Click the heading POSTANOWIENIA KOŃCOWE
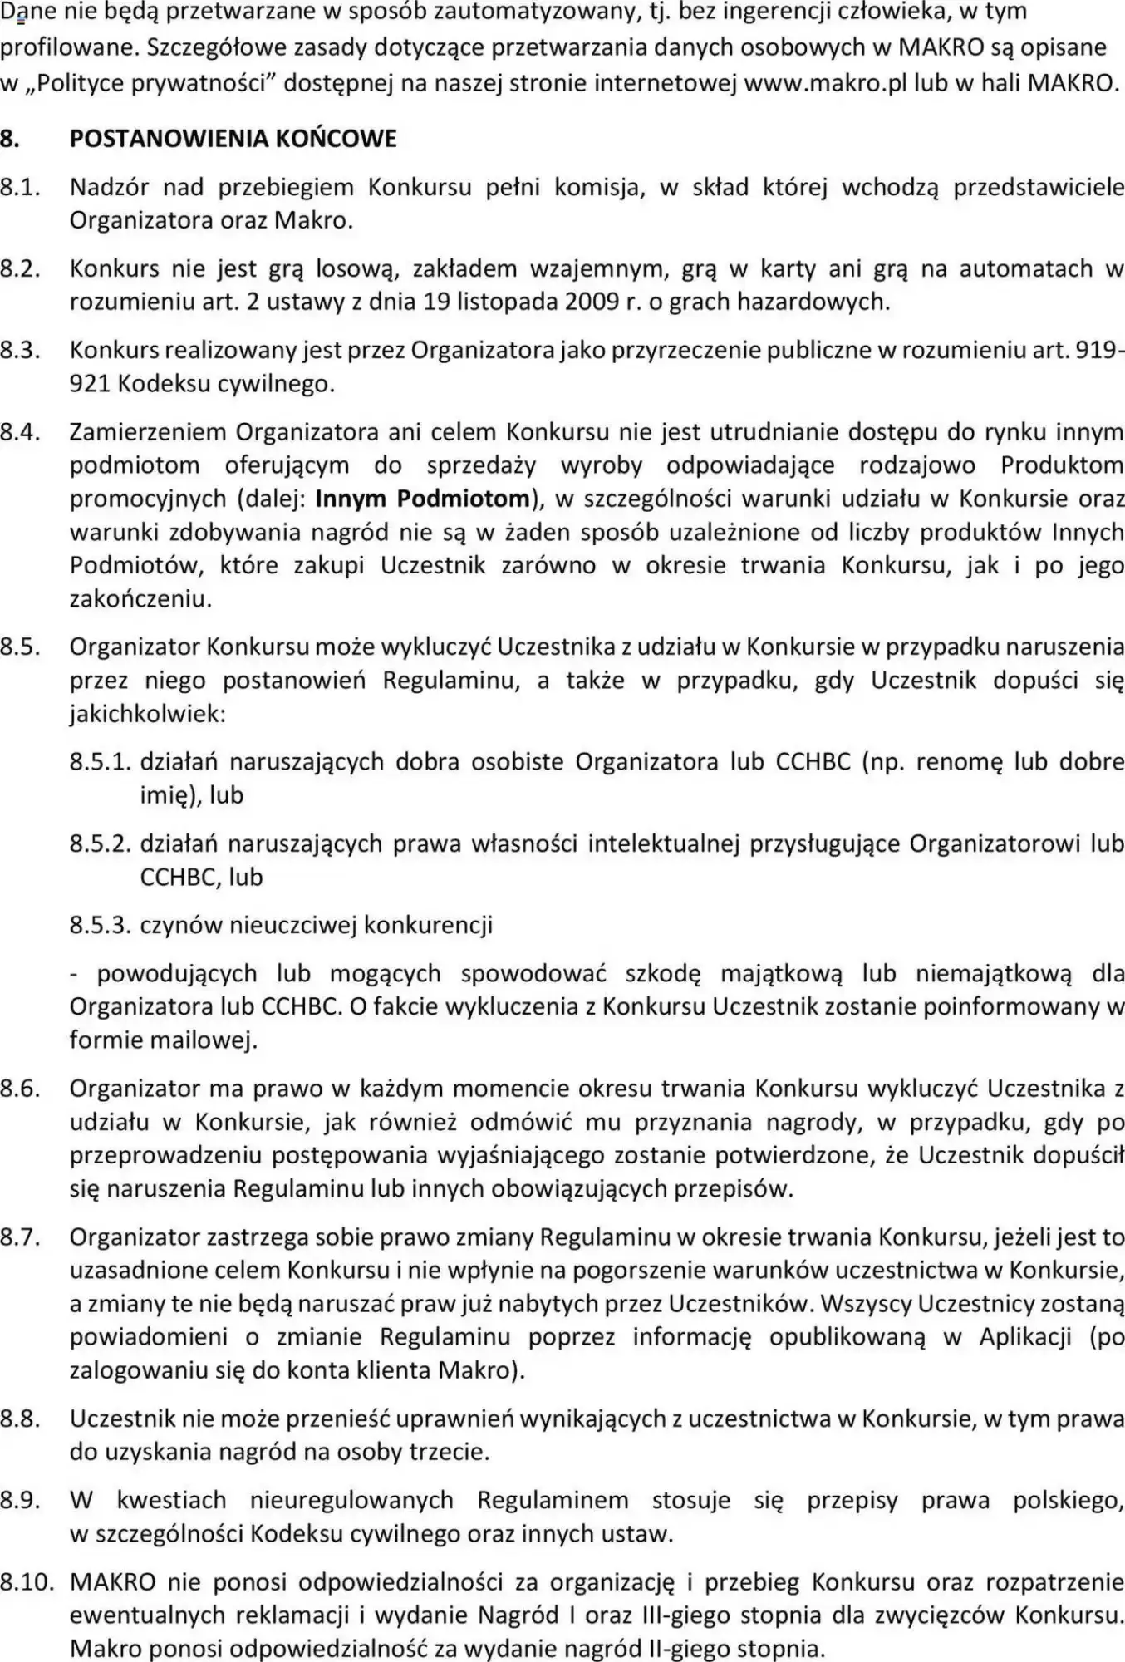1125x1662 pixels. tap(233, 139)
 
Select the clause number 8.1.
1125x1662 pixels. tap(21, 187)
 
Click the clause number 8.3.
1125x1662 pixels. tap(21, 350)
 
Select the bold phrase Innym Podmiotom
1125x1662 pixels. tap(423, 499)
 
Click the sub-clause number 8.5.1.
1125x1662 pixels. tap(101, 762)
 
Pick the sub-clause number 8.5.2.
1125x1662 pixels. tap(101, 843)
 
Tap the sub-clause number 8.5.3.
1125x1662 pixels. tap(101, 925)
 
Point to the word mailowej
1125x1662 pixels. tap(205, 1040)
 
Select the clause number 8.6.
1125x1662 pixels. tap(21, 1089)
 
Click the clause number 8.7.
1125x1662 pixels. tap(21, 1237)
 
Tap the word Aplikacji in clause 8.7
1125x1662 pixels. tap(1025, 1336)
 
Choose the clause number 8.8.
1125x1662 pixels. tap(21, 1418)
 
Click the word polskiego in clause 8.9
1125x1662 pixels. tap(1068, 1500)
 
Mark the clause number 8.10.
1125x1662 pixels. tap(27, 1581)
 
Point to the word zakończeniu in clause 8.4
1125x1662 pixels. tap(140, 598)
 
